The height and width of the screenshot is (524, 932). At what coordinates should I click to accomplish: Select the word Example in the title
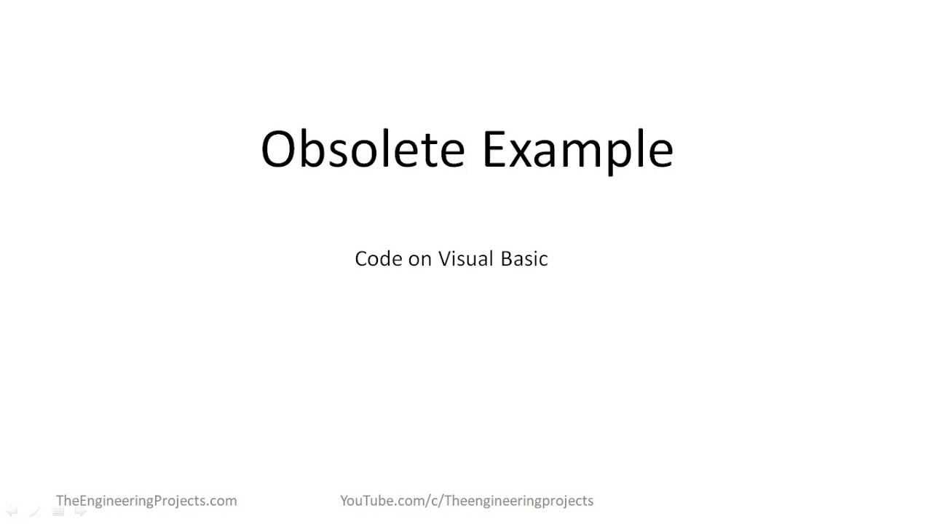pyautogui.click(x=577, y=149)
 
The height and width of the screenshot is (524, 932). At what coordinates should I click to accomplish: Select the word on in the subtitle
pyautogui.click(x=420, y=260)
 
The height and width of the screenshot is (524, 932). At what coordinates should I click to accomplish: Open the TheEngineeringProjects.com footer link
pyautogui.click(x=146, y=501)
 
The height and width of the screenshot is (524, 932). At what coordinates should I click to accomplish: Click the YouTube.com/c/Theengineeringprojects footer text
pyautogui.click(x=467, y=501)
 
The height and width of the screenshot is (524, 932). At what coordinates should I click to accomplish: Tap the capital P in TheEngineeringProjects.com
pyautogui.click(x=154, y=501)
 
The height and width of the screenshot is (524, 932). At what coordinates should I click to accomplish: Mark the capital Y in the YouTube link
pyautogui.click(x=344, y=501)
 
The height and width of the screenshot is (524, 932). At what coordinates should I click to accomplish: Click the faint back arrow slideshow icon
pyautogui.click(x=12, y=512)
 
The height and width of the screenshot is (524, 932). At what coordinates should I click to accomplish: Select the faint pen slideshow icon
pyautogui.click(x=34, y=512)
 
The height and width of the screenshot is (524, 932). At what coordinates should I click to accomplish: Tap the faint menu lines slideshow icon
pyautogui.click(x=58, y=512)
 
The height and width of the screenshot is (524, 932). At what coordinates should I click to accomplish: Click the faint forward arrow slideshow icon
pyautogui.click(x=81, y=512)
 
